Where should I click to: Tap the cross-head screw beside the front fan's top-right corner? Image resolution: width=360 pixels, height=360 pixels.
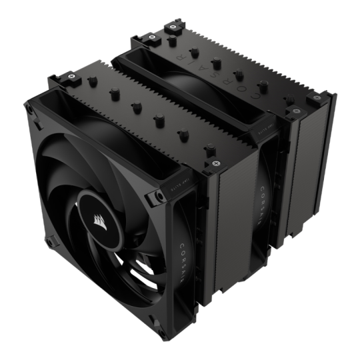pyautogui.click(x=212, y=163)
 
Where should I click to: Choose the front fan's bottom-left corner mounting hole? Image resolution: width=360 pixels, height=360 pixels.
pyautogui.click(x=49, y=237)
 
